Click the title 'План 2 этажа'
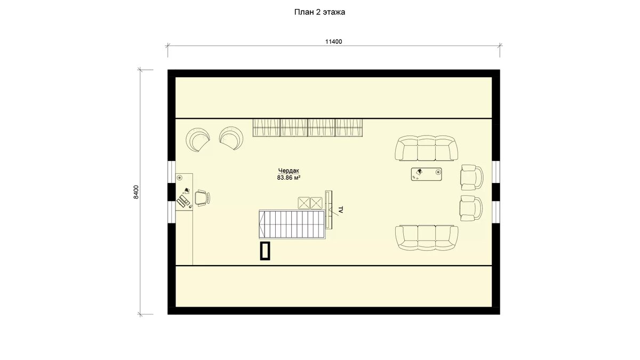point(319,12)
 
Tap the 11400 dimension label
point(333,42)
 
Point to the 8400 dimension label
point(136,192)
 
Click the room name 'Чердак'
point(289,171)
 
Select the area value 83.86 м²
point(289,178)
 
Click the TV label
point(340,210)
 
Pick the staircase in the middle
point(292,225)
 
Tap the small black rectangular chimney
point(265,251)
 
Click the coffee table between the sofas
point(426,174)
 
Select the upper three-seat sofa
point(426,148)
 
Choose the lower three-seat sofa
point(426,238)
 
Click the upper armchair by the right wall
point(471,178)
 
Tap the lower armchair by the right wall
point(471,208)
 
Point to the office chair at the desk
point(203,198)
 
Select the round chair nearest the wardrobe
point(231,139)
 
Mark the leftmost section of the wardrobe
point(266,127)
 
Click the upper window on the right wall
point(495,172)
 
